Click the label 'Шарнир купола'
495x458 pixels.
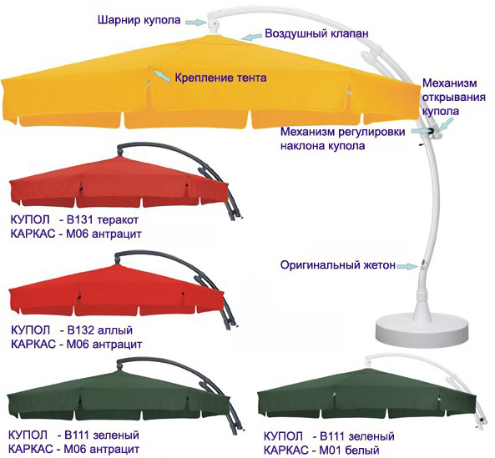139,20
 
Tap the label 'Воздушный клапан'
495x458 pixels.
316,33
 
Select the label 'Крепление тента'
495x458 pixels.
220,78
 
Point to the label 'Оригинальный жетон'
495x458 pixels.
338,265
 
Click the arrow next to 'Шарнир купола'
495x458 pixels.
195,22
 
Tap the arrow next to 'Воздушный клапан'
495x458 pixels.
252,37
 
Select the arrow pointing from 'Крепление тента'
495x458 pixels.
161,76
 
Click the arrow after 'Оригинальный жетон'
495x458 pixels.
407,266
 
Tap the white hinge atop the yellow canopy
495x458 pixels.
214,24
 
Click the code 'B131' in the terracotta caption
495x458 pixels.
79,219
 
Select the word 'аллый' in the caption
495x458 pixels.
115,330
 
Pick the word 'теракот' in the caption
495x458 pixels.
118,220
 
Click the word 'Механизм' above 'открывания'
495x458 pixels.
450,83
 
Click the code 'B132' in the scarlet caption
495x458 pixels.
80,330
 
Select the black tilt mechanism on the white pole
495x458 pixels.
430,131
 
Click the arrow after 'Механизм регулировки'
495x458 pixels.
419,131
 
